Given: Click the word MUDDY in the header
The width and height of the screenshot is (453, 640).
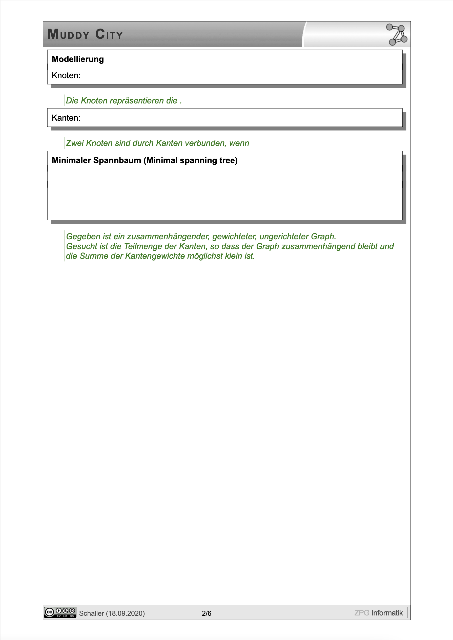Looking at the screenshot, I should [68, 34].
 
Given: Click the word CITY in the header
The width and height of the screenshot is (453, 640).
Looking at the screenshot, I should [109, 34].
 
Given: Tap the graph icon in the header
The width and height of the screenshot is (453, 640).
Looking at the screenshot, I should [397, 35].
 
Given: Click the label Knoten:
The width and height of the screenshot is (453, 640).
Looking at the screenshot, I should [66, 75].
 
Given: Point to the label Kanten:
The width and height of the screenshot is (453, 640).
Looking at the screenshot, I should [66, 118].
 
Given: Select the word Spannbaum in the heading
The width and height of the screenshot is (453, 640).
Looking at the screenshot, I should [117, 160].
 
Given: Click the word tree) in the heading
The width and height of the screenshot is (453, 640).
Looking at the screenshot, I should [228, 160].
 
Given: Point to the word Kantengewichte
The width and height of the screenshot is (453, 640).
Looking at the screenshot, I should [155, 256].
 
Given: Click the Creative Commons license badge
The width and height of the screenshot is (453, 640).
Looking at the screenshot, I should [60, 612].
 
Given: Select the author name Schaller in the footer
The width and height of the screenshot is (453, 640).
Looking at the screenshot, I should [91, 613].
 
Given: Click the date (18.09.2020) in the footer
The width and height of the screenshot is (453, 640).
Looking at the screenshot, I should [125, 613].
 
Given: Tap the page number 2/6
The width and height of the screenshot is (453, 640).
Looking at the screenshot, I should [207, 613].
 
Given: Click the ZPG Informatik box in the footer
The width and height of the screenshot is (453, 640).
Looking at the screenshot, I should [378, 613].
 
